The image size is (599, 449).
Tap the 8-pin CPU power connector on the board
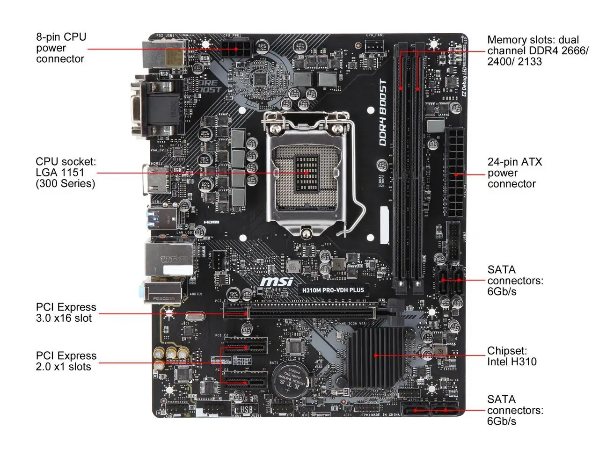tap(237, 48)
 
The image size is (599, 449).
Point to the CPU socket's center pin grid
tap(306, 173)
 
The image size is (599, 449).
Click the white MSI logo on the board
tap(277, 281)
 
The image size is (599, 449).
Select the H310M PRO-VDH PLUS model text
tap(333, 290)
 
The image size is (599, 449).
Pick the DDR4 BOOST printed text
tap(383, 113)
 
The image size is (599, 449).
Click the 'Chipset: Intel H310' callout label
tap(511, 356)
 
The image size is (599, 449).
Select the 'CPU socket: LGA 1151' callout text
tap(66, 173)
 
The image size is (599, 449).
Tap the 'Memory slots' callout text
tap(537, 51)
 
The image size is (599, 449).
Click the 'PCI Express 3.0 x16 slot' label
tap(66, 312)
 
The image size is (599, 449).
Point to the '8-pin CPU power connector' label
tap(61, 48)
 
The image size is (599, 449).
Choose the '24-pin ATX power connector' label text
tap(514, 173)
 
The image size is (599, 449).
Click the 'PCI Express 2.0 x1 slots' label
tap(66, 361)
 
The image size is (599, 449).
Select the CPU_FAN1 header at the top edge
tap(375, 45)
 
